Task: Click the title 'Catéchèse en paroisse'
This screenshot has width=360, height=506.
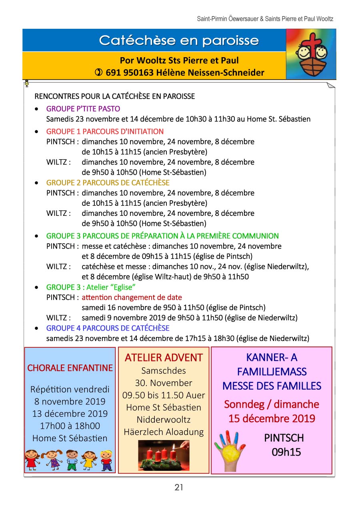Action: coord(179,40)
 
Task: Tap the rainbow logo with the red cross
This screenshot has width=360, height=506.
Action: coord(311,54)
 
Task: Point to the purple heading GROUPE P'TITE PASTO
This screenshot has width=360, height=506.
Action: coord(83,109)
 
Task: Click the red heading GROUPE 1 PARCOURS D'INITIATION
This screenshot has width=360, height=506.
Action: coord(105,131)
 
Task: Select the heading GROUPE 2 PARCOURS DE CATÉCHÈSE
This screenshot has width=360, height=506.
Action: coord(108,183)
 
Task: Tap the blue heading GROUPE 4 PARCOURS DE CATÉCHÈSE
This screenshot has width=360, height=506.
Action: coord(108,328)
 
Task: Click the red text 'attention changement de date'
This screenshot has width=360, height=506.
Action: coord(132,297)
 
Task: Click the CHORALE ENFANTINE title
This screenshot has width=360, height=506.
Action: coord(70,368)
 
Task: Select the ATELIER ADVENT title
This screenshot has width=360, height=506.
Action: coord(164,358)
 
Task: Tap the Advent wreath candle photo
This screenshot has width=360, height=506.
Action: coord(164,456)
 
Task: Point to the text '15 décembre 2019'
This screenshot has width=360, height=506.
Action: coord(272,419)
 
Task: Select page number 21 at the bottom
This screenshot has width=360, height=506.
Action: coord(179,487)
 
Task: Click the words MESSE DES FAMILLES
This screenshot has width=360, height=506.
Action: coord(272,386)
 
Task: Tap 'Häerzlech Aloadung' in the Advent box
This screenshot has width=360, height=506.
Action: coord(164,432)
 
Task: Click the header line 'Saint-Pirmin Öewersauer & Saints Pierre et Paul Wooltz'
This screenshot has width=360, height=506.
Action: coord(265,19)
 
